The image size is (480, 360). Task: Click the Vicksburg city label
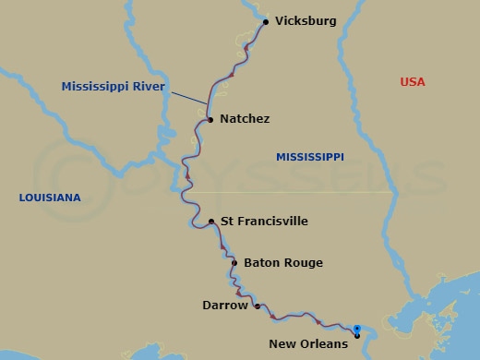coord(306,21)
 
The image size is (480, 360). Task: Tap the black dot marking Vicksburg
coord(266,21)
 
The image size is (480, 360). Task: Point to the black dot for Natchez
coord(210,120)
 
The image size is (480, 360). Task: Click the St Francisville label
coord(264,222)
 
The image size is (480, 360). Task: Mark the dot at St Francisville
coord(211,222)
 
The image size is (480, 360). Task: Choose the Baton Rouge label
coord(283,263)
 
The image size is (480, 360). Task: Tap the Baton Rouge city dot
coord(234,263)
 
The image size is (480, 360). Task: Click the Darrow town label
coord(225,305)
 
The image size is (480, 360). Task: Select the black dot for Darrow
coord(257,306)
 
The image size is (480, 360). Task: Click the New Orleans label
coord(308,344)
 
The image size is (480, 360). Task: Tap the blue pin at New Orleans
coord(356,330)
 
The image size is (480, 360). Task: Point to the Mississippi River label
coord(113,87)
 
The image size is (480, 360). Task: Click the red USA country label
coord(413,82)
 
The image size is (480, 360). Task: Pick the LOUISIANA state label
coord(50,198)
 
